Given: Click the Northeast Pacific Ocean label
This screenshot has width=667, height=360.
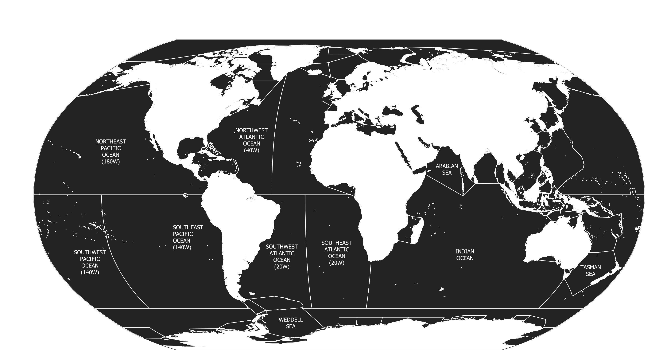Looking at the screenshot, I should pyautogui.click(x=111, y=151).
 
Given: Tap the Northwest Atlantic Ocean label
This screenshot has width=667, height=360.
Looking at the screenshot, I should pyautogui.click(x=251, y=140).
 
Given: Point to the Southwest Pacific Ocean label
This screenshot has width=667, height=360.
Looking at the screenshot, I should pyautogui.click(x=90, y=262).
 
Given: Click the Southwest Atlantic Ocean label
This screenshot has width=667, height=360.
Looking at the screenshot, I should pyautogui.click(x=282, y=256).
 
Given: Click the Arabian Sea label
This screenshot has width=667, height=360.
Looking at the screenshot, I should pyautogui.click(x=447, y=169).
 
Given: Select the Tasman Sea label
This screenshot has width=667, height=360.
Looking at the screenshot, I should pyautogui.click(x=590, y=270).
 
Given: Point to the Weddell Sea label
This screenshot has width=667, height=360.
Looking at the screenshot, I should pyautogui.click(x=291, y=323).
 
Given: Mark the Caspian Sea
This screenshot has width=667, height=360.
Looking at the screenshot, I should pyautogui.click(x=418, y=114).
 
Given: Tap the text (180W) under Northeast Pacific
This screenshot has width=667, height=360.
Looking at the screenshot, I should pyautogui.click(x=111, y=162).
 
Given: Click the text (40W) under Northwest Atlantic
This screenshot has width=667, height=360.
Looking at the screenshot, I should pyautogui.click(x=251, y=150).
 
